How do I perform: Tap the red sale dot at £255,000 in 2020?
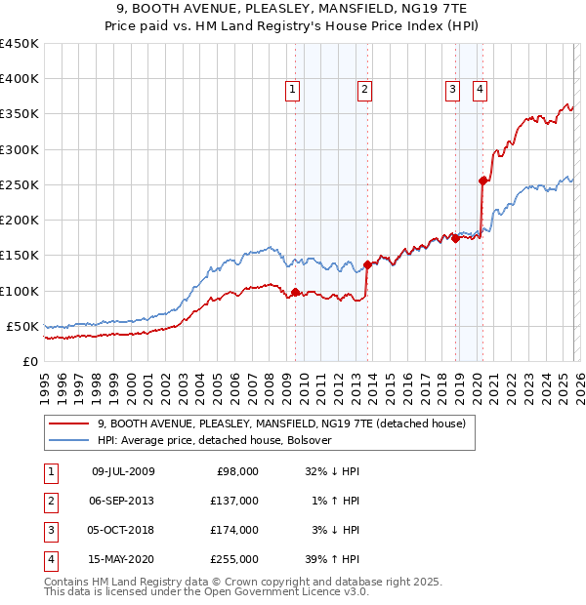tap(482, 181)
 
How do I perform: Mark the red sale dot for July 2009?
tap(295, 292)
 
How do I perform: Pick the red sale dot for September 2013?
tap(367, 264)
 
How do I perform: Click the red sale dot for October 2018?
tap(455, 238)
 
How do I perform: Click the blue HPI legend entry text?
tap(215, 440)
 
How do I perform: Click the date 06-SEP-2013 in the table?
tap(122, 500)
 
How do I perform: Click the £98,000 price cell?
tap(237, 470)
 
